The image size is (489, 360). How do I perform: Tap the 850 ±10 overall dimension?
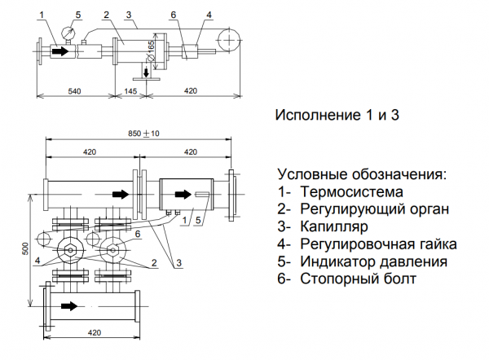[143, 133]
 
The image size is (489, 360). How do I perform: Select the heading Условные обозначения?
[362, 175]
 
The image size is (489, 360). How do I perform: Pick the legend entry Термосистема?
[351, 193]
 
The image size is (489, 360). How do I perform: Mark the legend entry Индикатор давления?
[373, 262]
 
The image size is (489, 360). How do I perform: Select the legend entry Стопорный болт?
[358, 279]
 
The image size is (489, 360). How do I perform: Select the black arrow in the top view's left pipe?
[61, 51]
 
